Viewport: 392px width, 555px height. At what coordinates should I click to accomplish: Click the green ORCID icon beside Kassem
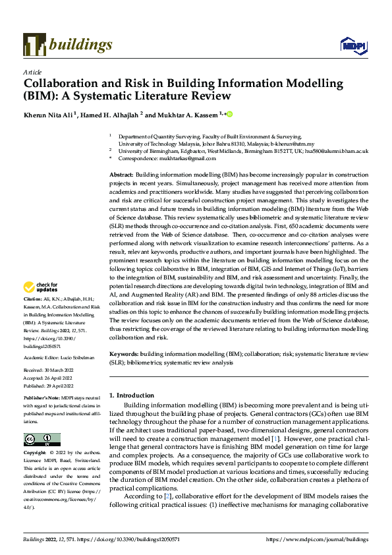230,113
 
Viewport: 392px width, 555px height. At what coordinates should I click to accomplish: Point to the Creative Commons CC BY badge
42,440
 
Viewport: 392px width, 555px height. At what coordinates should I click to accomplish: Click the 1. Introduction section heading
131,395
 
